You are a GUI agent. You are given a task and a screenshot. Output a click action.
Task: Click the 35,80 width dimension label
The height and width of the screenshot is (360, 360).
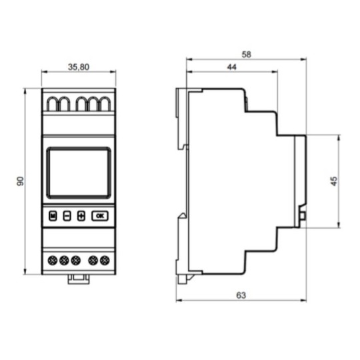[x=79, y=67]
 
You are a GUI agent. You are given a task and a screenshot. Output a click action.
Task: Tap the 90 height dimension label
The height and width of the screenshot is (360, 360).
[x=21, y=181]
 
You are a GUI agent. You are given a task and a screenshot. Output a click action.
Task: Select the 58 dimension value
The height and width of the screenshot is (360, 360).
[x=247, y=55]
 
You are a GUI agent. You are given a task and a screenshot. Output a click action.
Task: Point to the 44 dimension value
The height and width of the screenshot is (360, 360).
[x=231, y=67]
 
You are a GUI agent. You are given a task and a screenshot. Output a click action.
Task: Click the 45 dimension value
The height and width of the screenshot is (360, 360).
[x=334, y=181]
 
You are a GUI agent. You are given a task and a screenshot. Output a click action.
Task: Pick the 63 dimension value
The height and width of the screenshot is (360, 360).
[x=241, y=295]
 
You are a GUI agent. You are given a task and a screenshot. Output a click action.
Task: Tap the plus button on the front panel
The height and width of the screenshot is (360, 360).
[x=81, y=216]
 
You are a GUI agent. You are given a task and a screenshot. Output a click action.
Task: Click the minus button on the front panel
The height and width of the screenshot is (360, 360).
[x=67, y=216]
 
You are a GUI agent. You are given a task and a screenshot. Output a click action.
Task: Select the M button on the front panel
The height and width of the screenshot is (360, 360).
[x=53, y=216]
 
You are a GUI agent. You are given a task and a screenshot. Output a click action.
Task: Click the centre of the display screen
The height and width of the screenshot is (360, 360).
[x=79, y=173]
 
